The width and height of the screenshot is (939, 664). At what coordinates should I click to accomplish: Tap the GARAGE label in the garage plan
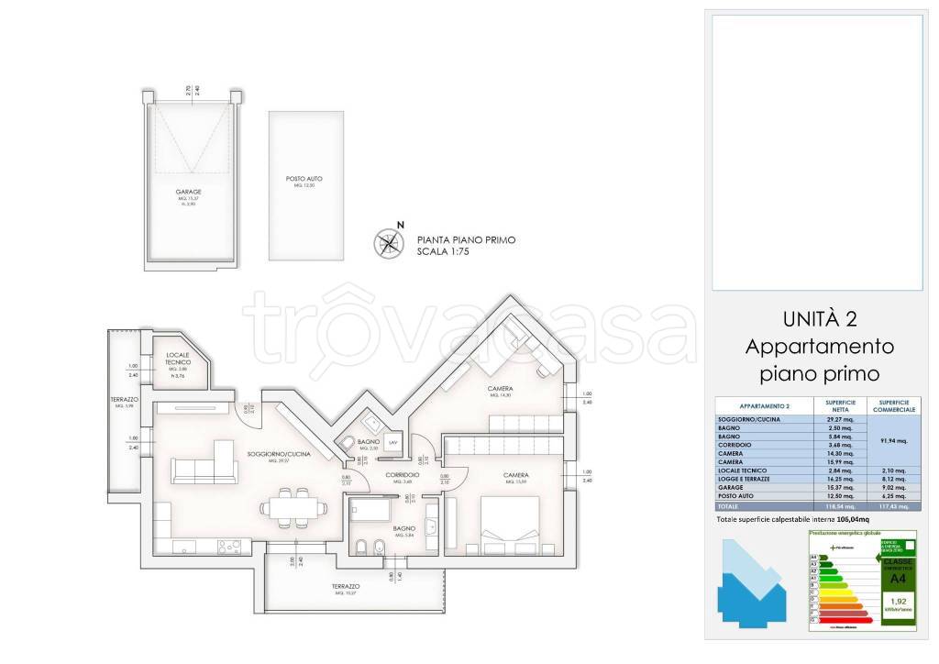pos(189,193)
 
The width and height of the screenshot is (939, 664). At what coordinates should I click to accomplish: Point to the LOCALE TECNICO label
pos(177,358)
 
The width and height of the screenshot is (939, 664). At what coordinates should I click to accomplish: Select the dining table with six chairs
pos(291,506)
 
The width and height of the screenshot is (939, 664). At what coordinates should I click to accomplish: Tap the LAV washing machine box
pos(392,442)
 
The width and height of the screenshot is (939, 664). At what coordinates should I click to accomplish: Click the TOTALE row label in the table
pos(729,505)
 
